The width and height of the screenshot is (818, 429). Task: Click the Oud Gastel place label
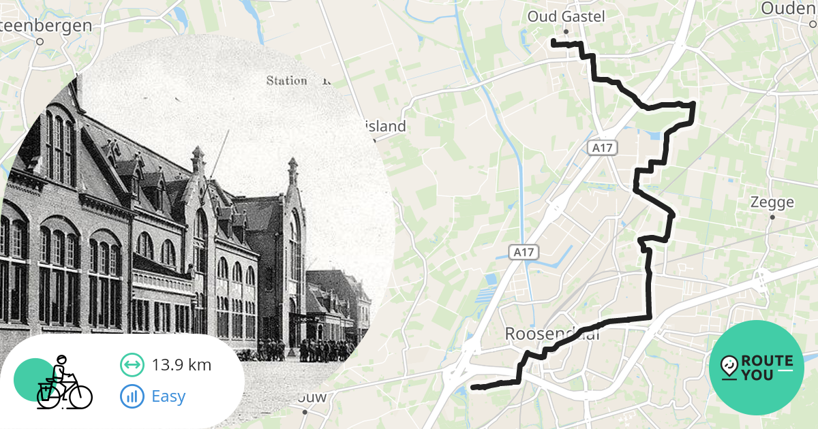tap(566, 16)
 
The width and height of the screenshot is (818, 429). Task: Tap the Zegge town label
tap(772, 202)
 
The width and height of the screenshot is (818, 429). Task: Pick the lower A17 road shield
tap(524, 253)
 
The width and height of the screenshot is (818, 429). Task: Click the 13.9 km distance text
tap(181, 365)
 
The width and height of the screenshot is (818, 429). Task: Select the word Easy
tap(168, 396)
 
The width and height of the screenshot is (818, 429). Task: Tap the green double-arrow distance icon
tap(132, 365)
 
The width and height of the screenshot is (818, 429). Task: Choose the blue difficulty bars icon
tap(132, 396)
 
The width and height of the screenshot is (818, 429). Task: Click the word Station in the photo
tap(286, 80)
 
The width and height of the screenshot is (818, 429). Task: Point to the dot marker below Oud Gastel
tap(566, 31)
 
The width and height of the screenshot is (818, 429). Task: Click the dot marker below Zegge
tap(772, 217)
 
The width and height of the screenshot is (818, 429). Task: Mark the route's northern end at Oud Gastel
tap(553, 43)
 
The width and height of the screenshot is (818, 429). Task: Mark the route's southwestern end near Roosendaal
tap(474, 388)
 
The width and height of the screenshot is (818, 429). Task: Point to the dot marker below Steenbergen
tap(40, 41)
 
